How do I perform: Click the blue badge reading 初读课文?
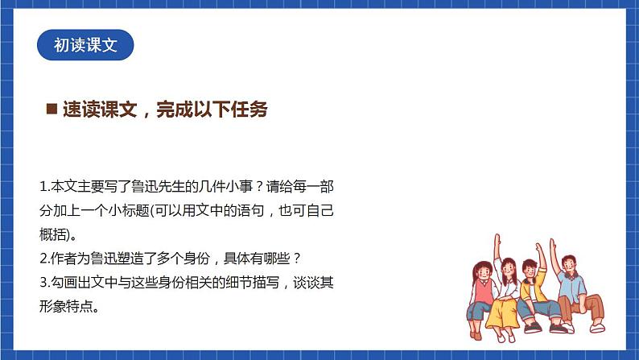click(85, 46)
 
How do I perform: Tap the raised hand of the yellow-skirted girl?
click(499, 242)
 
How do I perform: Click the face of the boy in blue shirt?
click(568, 263)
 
